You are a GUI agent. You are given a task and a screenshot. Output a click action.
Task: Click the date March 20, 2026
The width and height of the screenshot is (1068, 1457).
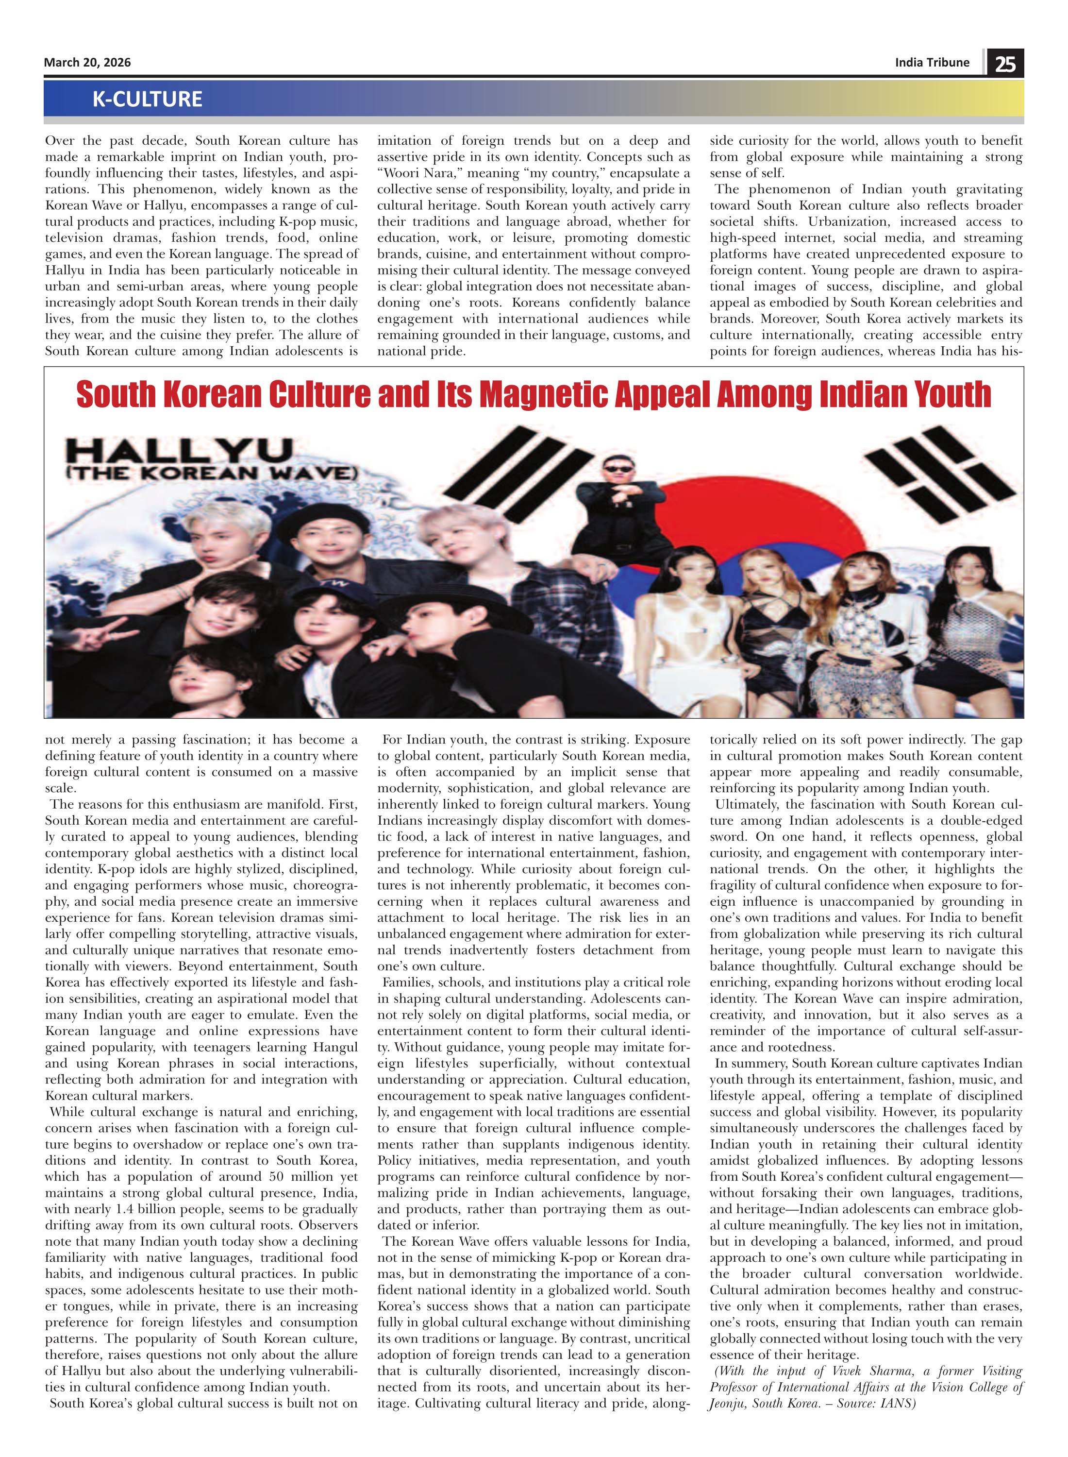[87, 63]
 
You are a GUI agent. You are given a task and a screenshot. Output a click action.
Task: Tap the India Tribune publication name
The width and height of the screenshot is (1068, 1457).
[932, 63]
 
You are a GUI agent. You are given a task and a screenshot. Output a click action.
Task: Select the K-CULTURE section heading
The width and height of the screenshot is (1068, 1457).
[148, 99]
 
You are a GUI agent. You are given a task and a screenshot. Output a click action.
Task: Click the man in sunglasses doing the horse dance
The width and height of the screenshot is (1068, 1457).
[620, 505]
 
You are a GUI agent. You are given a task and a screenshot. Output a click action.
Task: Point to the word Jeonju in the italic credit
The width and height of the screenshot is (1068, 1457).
[728, 1403]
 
